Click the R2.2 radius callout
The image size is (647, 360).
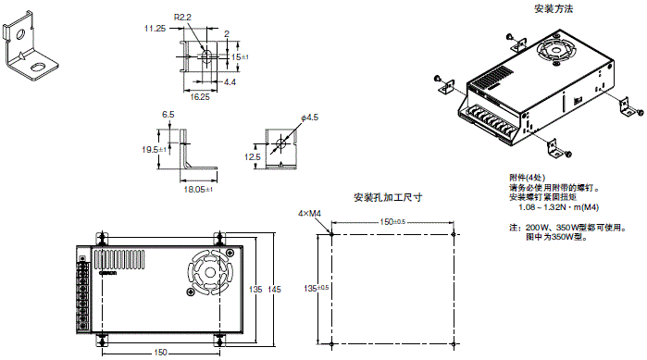182,18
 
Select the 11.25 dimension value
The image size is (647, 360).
155,29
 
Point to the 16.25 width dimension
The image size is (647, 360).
200,97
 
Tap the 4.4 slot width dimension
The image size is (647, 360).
230,82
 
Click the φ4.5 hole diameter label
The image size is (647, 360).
309,118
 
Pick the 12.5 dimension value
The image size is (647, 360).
253,157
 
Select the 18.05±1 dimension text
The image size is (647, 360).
198,190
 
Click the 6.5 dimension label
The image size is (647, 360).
168,115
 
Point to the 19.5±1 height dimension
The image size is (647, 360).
154,150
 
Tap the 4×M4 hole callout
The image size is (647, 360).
309,214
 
